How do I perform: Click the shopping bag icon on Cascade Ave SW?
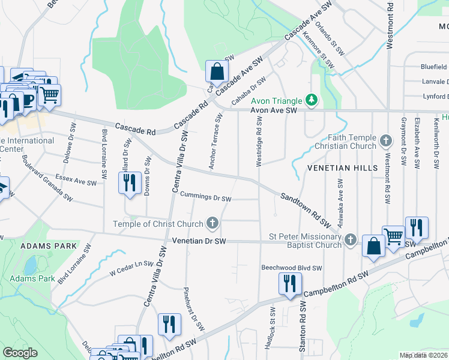point(216,72)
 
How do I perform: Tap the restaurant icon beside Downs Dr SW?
point(130,184)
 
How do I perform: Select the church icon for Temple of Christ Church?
point(211,224)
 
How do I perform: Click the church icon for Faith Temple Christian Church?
point(386,142)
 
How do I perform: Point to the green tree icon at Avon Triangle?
point(311,100)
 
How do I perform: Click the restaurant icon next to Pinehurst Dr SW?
point(169,325)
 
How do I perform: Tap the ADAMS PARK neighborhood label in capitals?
point(49,246)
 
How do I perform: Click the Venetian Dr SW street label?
point(199,241)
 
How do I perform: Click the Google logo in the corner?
point(20,353)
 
